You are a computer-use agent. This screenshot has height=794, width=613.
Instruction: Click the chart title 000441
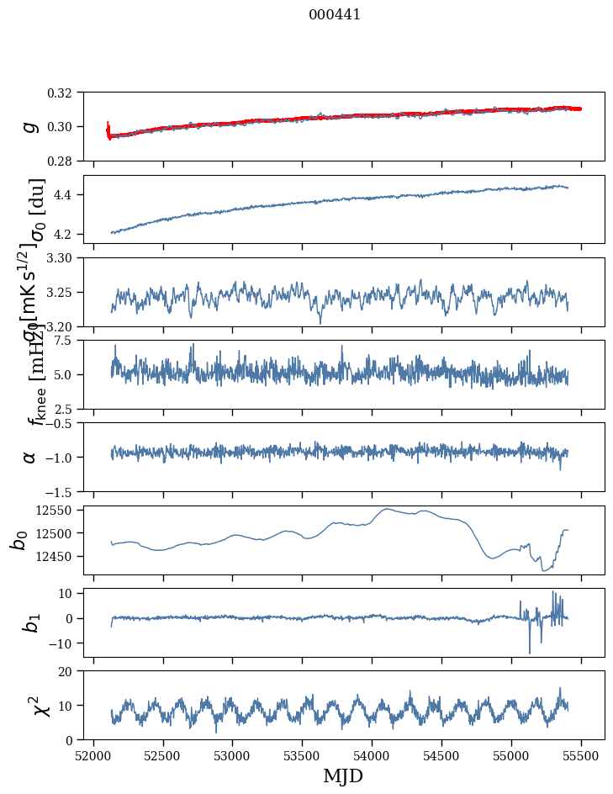pos(335,15)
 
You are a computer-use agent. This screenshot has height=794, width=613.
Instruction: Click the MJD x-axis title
pos(343,776)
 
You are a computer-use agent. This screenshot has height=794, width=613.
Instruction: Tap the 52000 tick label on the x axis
pos(93,754)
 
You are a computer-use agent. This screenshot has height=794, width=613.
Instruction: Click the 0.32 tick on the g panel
pos(66,93)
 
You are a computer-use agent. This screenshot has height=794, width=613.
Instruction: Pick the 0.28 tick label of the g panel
pos(66,161)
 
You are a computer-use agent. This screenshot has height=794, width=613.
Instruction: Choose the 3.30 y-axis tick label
pos(66,257)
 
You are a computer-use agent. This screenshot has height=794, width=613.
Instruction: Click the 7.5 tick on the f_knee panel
pos(70,341)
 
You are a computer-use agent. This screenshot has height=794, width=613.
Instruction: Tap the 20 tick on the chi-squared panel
pos(71,671)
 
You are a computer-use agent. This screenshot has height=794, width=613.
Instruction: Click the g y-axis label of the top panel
pos(29,126)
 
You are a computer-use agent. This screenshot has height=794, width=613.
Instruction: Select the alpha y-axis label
pos(29,457)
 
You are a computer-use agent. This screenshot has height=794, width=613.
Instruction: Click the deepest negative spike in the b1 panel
pos(530,653)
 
